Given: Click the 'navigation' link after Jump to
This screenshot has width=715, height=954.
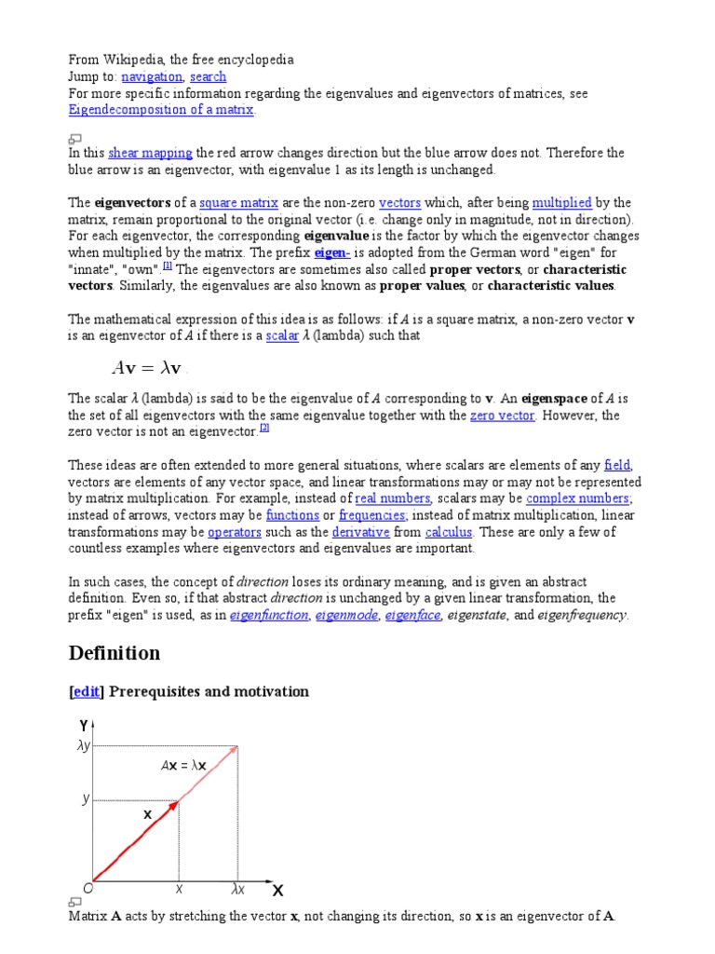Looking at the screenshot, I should coord(151,76).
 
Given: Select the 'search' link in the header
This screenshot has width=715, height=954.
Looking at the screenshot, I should coord(208,76).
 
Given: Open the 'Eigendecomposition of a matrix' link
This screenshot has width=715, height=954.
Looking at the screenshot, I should coord(160,110).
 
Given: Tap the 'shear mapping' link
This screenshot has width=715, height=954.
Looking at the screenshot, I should coord(150,153).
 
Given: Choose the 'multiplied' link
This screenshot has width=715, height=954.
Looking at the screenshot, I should coord(561,202).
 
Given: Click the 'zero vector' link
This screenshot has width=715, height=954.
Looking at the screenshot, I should coord(502,416).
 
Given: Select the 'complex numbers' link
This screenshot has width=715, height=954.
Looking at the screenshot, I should coord(578,498).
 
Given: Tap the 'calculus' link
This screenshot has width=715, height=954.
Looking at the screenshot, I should coord(449,532).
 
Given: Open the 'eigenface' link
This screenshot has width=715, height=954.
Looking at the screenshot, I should coord(412,615).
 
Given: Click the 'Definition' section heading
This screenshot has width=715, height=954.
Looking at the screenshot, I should coord(115,653).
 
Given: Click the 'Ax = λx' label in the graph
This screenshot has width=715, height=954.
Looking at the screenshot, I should coord(182,766).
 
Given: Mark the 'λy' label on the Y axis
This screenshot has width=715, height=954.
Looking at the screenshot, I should coord(83,745).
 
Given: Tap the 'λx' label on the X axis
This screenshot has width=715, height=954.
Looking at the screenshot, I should coord(237,890).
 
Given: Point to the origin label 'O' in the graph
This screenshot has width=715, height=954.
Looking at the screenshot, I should coord(87,890).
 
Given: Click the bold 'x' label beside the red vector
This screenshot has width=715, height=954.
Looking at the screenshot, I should coord(147,814).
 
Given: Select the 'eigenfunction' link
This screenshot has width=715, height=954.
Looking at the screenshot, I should coord(268,615).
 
